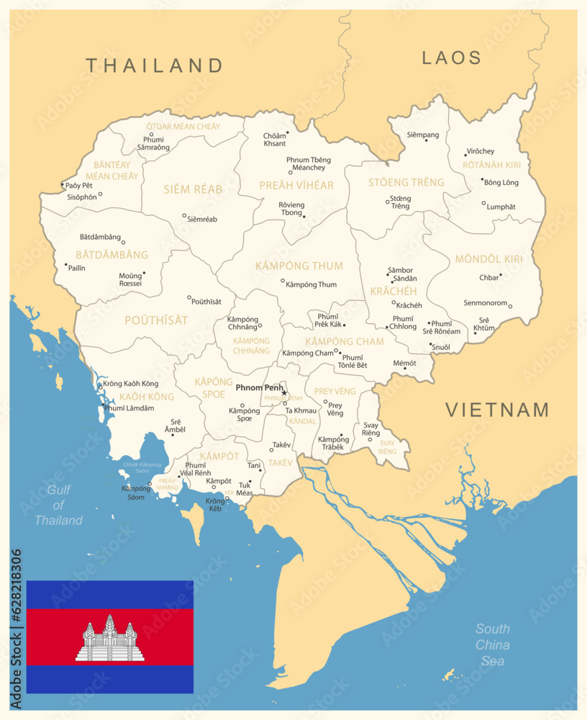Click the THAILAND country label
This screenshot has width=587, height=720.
click(155, 66)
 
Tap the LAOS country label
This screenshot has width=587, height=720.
click(451, 58)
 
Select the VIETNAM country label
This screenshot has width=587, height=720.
click(497, 410)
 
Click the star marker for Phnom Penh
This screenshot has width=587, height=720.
click(284, 392)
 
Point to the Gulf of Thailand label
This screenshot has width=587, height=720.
click(59, 505)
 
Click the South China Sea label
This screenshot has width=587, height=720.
click(493, 644)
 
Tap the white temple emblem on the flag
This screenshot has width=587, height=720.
click(109, 639)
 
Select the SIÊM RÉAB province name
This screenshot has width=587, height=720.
click(193, 189)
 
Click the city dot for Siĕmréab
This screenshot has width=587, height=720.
click(184, 215)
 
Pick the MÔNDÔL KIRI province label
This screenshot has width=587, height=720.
click(488, 258)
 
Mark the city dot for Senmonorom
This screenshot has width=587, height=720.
click(510, 306)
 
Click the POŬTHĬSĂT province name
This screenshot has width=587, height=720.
click(156, 320)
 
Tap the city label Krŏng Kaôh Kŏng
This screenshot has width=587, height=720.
click(130, 383)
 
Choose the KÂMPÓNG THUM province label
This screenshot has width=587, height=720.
click(299, 266)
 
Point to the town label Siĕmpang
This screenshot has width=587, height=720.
click(422, 135)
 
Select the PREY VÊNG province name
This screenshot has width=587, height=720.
click(335, 391)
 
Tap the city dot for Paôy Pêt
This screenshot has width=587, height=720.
click(63, 184)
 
